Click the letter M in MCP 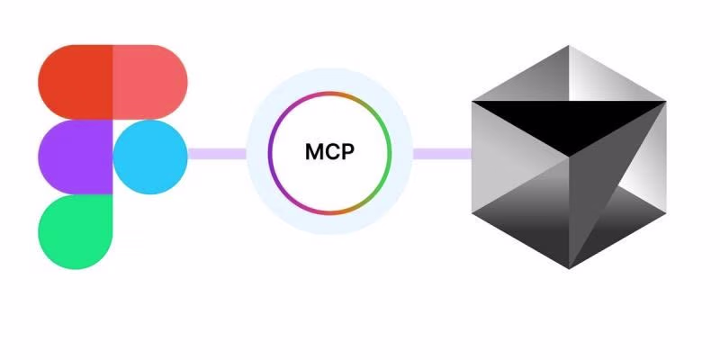(314, 153)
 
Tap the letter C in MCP (331, 153)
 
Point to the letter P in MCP (347, 153)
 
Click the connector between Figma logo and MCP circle (217, 154)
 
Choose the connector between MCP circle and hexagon (442, 154)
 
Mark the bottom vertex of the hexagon (570, 268)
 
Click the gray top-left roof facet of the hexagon (522, 81)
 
